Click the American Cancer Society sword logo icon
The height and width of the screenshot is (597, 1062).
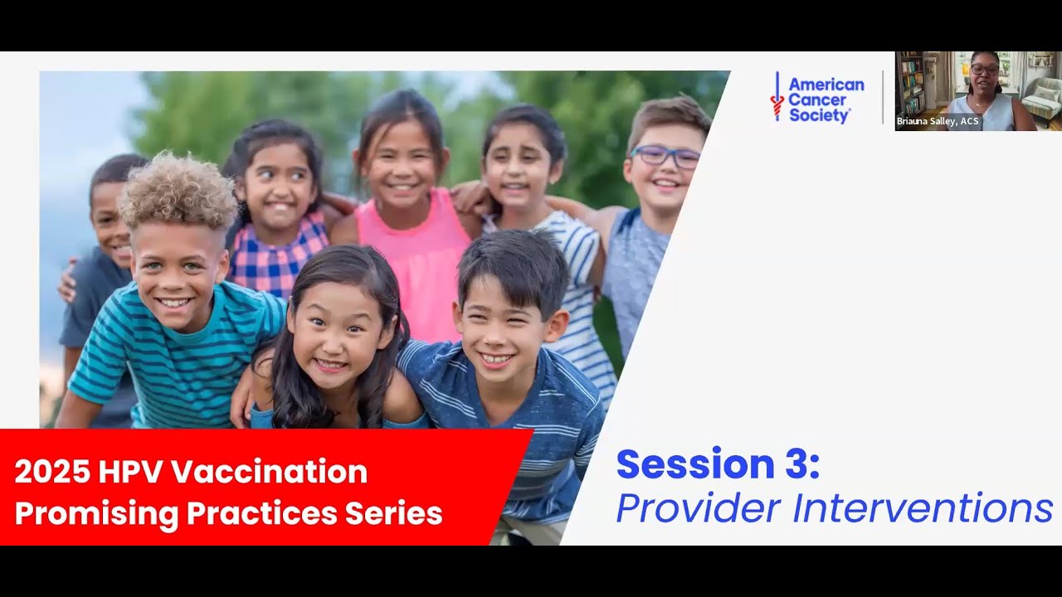(x=777, y=98)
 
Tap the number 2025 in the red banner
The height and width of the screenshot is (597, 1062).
(x=51, y=472)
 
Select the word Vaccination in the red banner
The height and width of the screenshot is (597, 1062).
(x=270, y=472)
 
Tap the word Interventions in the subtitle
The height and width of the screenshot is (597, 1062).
(x=923, y=507)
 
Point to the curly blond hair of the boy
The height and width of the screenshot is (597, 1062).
(x=178, y=189)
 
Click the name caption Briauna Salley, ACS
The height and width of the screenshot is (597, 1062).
(x=938, y=121)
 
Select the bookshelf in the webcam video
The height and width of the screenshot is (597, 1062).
(x=911, y=83)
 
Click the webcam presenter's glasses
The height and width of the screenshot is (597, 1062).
(x=985, y=70)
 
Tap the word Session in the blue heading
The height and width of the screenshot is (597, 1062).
(x=695, y=464)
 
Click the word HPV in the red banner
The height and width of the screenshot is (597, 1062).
(x=133, y=472)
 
